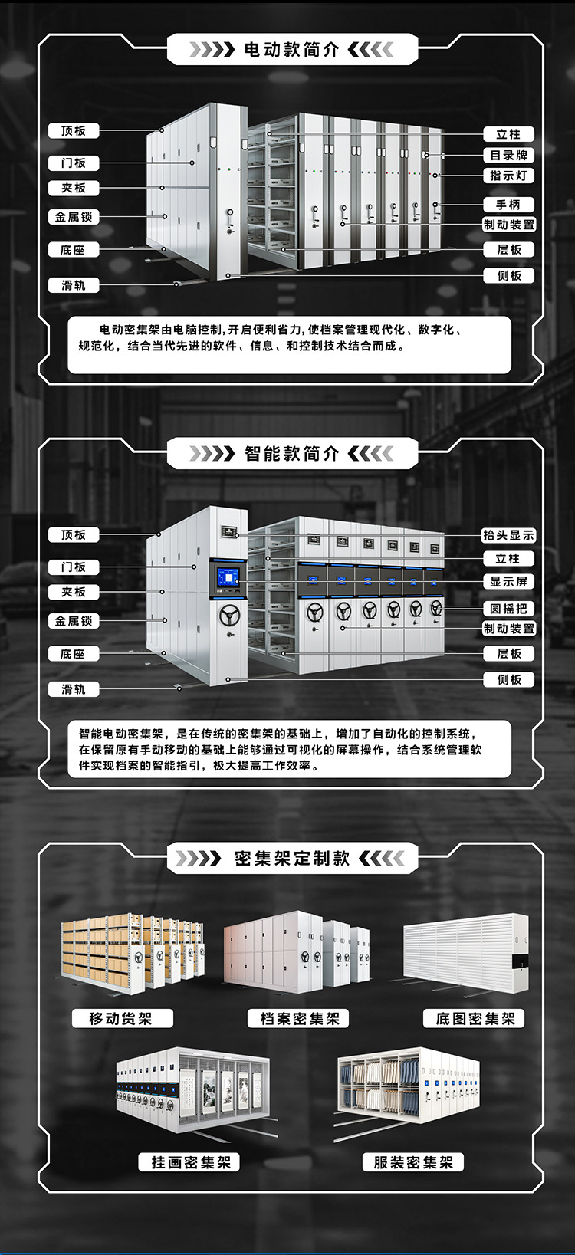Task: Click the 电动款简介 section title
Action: click(292, 50)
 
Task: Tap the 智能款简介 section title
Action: click(292, 453)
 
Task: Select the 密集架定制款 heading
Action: click(292, 858)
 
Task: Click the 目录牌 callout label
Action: click(509, 155)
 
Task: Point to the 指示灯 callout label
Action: click(509, 176)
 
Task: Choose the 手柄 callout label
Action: click(509, 205)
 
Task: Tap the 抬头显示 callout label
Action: click(509, 535)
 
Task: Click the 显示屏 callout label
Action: click(509, 582)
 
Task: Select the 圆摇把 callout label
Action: click(509, 609)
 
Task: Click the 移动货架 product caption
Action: click(122, 1018)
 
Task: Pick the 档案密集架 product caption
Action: click(299, 1018)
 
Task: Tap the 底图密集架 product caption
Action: click(474, 1018)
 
